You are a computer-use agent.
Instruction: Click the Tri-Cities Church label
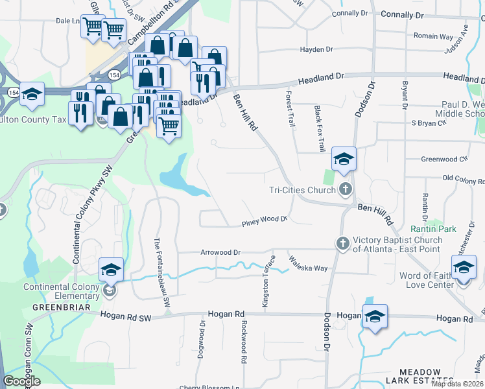click(302, 190)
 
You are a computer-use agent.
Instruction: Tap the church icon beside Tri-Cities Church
click(345, 189)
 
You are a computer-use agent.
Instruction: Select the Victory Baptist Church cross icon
click(343, 244)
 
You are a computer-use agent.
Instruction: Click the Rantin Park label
click(433, 229)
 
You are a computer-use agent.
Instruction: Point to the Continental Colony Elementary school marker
click(111, 270)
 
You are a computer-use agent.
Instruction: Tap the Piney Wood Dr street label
click(263, 220)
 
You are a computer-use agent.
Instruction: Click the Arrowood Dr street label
click(220, 252)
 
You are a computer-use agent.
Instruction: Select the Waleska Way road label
click(309, 263)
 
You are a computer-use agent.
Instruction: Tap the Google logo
click(21, 381)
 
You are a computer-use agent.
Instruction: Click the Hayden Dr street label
click(316, 49)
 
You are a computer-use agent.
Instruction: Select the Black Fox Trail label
click(320, 129)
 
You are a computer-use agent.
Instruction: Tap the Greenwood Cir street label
click(444, 159)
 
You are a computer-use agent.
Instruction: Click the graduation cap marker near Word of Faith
click(464, 268)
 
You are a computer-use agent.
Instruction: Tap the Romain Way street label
click(433, 36)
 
